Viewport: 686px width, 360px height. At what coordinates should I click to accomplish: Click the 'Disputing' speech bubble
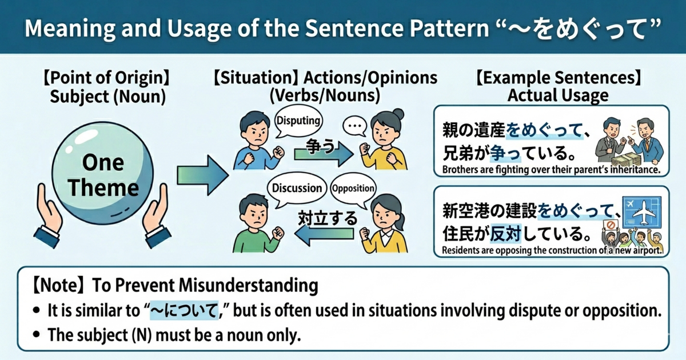point(298,121)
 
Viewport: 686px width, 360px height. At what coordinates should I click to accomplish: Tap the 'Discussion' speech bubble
point(297,188)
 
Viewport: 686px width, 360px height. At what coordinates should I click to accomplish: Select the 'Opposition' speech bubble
point(353,189)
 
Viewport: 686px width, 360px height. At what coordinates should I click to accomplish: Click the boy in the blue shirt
point(255,143)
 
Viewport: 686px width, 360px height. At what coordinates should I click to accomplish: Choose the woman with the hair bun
point(384,140)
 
